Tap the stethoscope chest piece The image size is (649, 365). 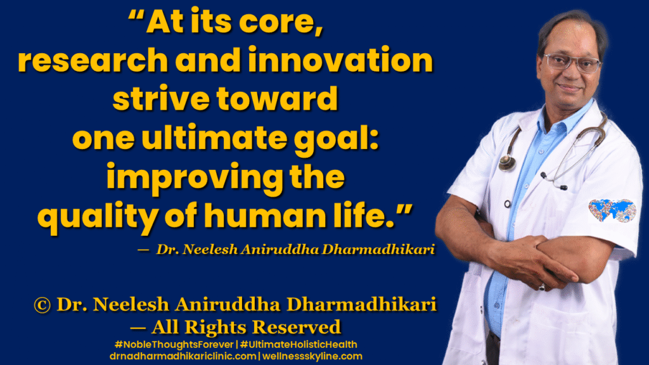click(x=506, y=163)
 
